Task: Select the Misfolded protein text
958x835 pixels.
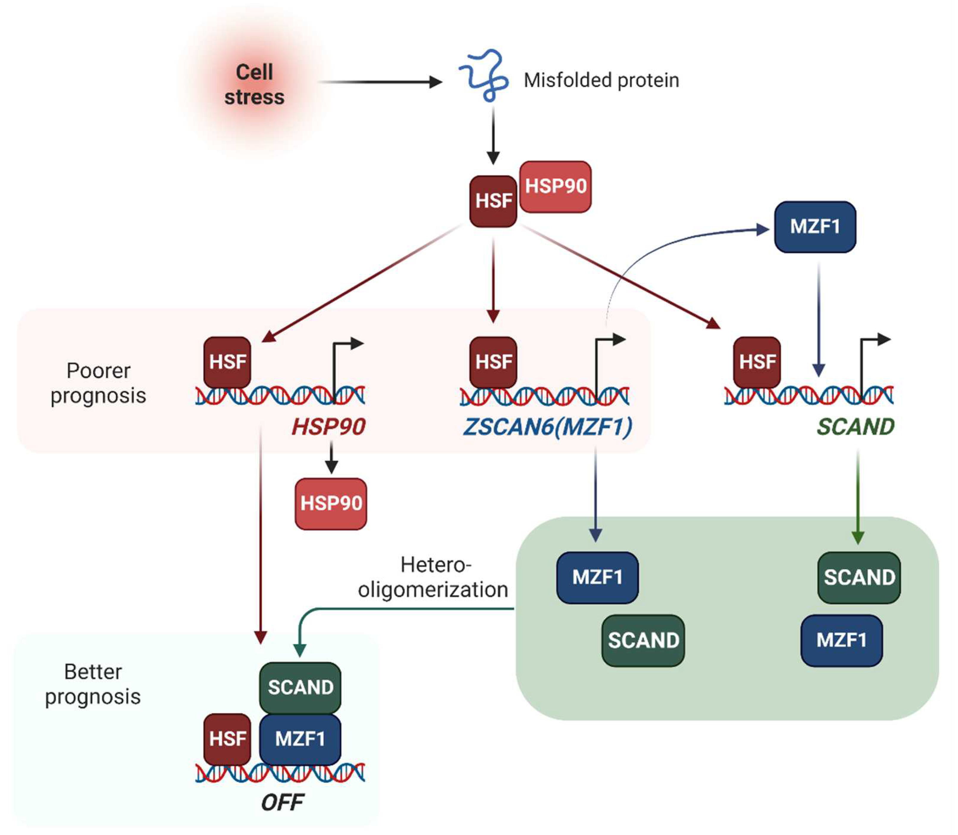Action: point(601,80)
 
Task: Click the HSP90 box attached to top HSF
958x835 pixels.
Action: point(555,186)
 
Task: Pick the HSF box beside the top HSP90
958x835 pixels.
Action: point(493,201)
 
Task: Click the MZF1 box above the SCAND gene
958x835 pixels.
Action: point(815,227)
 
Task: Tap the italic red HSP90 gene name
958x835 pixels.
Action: point(328,427)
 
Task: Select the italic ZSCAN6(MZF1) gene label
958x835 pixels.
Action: point(547,427)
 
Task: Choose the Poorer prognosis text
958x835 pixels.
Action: point(98,383)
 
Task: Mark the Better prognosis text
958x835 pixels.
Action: point(93,684)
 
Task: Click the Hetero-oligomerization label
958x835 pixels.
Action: point(433,577)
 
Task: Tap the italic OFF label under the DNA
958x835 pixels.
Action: point(282,802)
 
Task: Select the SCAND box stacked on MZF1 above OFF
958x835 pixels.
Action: point(300,687)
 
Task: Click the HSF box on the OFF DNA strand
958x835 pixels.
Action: point(227,739)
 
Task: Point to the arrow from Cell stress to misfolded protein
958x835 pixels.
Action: point(380,82)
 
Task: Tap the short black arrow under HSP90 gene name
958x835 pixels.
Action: point(331,458)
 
